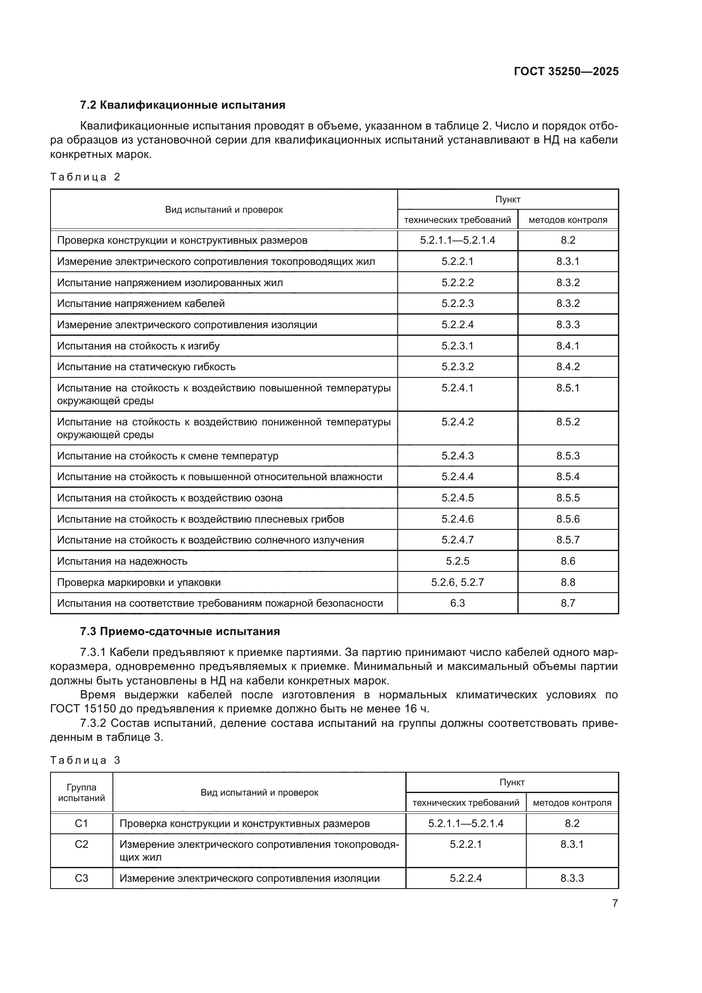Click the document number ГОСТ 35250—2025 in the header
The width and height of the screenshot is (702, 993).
(x=566, y=71)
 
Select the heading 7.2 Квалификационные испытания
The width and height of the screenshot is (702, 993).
(x=183, y=105)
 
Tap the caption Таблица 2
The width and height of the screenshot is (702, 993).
(x=85, y=177)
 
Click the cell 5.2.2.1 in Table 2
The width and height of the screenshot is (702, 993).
(x=458, y=261)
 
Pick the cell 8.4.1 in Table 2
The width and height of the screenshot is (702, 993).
(x=567, y=346)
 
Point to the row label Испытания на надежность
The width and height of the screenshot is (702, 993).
(x=122, y=561)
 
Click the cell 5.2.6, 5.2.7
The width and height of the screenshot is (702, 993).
(x=458, y=582)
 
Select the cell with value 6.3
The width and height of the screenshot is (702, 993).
(x=458, y=603)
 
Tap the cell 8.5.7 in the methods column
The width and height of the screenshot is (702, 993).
(x=567, y=540)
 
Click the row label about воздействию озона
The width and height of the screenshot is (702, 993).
(x=169, y=498)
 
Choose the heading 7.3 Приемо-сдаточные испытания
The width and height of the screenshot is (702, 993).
(x=180, y=631)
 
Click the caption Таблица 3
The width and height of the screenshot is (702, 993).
(x=85, y=760)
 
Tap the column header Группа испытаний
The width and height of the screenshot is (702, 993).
(x=81, y=792)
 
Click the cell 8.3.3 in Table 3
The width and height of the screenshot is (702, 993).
(x=572, y=878)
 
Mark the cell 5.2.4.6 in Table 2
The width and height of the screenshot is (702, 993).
(x=458, y=519)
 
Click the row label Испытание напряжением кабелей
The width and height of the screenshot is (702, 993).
(x=141, y=304)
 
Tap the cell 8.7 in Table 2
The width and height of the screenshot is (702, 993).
(x=567, y=603)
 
